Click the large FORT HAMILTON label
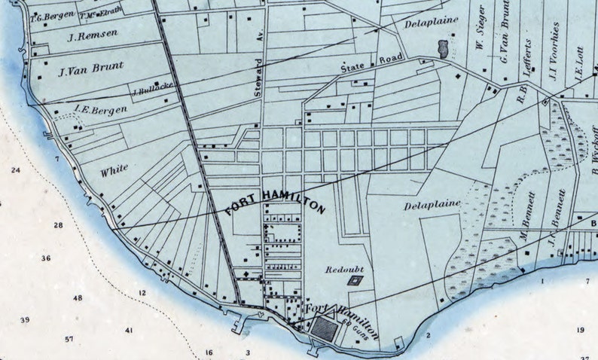point(275,203)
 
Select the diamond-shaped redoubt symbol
point(355,280)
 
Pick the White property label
point(114,169)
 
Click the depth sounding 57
point(69,340)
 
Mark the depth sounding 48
point(78,298)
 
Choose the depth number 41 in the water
point(129,331)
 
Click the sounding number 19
point(581,331)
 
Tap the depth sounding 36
point(46,258)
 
